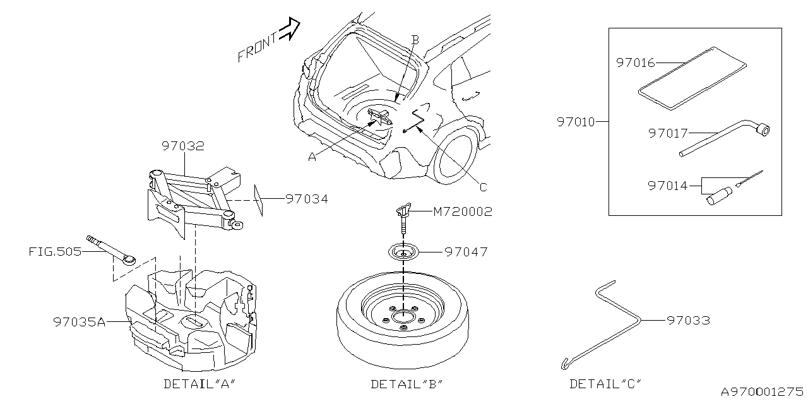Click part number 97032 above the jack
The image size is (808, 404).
point(182,146)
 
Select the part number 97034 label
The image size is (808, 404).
point(306,199)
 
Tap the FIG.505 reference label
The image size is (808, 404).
point(55,251)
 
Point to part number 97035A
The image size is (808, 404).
point(80,321)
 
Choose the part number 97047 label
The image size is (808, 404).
point(466,251)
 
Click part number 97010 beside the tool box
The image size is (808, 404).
point(576,122)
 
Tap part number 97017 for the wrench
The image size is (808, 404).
point(667,133)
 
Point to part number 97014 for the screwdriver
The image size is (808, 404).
point(667,186)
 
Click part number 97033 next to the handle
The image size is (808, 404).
point(688,321)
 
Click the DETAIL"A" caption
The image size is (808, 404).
point(200,383)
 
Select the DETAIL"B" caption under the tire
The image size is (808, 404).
point(407,383)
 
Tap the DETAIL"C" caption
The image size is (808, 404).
point(605,383)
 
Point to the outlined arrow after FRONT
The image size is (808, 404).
point(289,29)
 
